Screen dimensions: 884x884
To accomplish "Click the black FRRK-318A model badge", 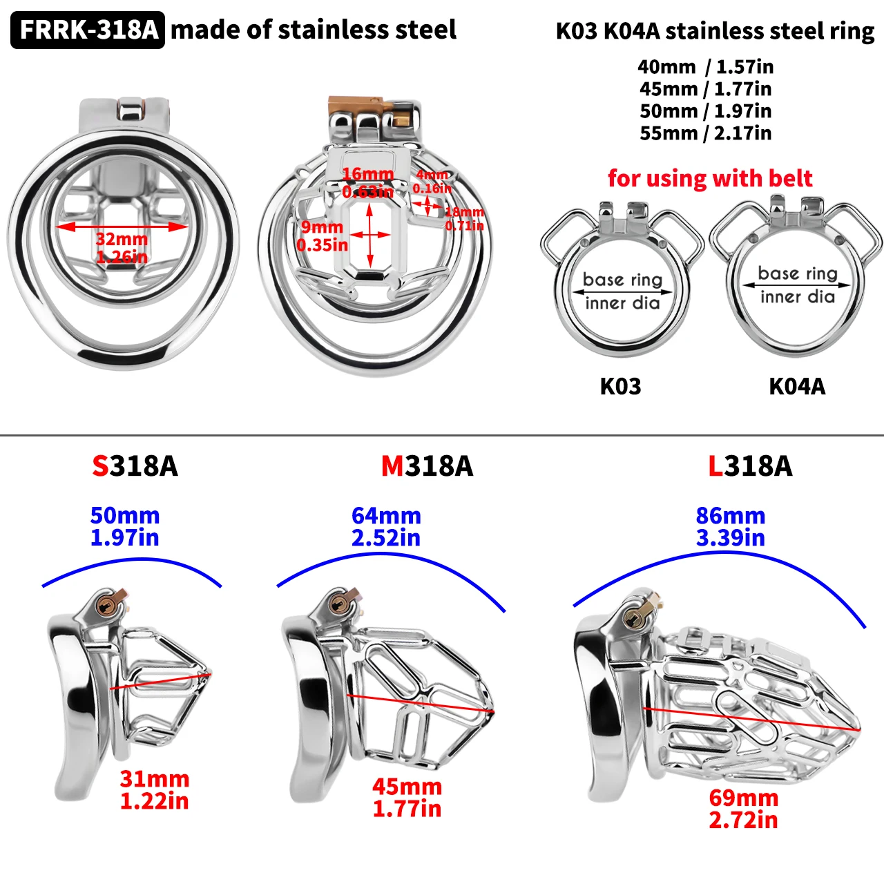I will tap(88, 30).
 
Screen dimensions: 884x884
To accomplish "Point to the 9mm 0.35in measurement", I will tap(322, 236).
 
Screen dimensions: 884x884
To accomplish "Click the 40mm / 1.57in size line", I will tap(705, 67).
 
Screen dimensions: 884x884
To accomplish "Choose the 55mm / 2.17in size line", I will tap(705, 133).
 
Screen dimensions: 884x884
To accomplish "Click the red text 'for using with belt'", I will tap(710, 178).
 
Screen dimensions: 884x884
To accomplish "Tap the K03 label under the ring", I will tap(620, 386).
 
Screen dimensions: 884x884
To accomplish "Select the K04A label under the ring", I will tap(797, 386).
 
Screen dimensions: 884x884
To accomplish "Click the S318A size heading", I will tap(135, 466).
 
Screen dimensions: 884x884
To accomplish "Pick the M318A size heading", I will tap(427, 466).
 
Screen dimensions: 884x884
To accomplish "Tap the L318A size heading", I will tap(750, 466).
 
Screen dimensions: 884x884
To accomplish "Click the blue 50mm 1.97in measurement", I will tap(125, 526).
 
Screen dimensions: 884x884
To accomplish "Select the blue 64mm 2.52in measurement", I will tap(386, 526).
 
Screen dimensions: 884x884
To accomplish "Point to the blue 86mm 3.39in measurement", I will tap(731, 526).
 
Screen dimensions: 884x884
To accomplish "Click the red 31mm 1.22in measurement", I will tap(154, 790).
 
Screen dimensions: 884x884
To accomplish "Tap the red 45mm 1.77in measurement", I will tap(407, 797).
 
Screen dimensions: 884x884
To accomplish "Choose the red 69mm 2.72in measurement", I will tap(743, 809).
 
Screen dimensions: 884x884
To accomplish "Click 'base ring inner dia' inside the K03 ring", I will tap(622, 291).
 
